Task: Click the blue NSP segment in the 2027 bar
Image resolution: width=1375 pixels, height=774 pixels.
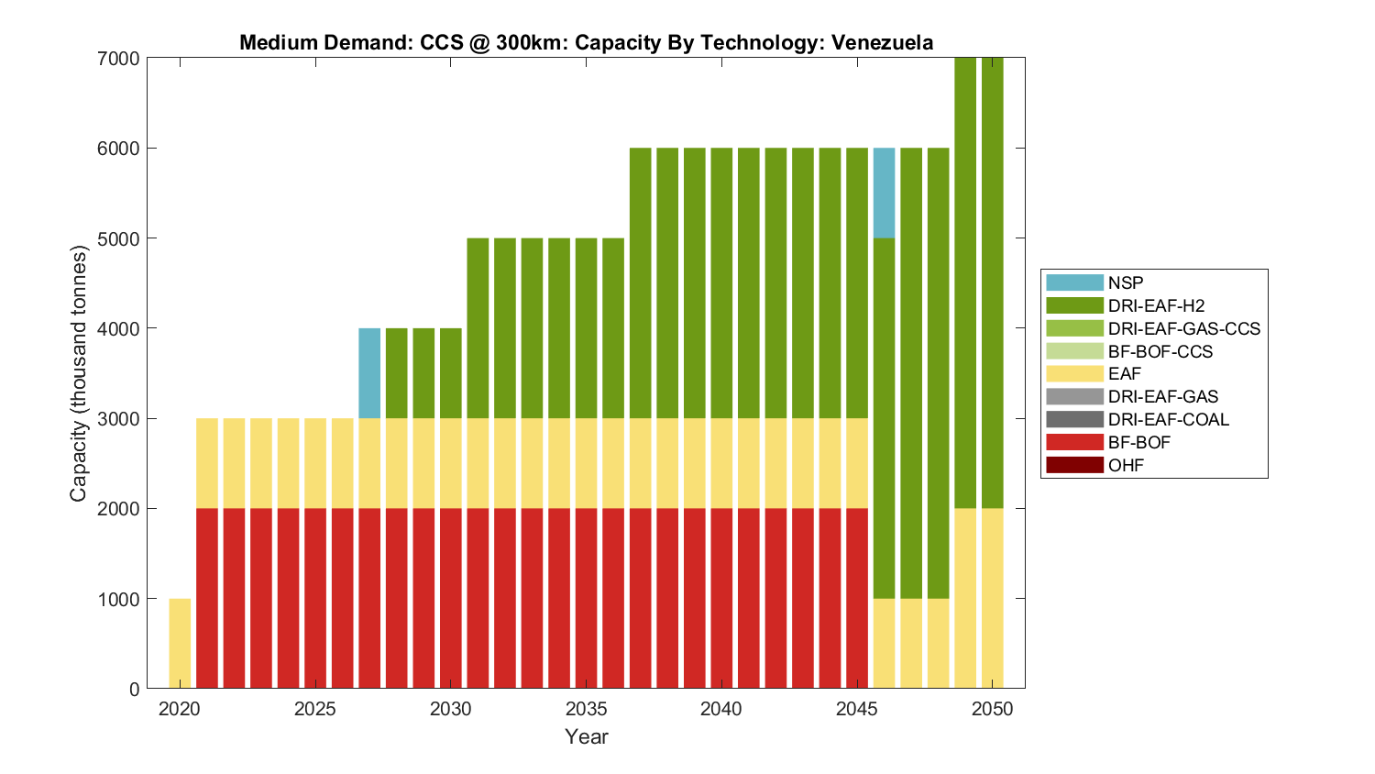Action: (369, 372)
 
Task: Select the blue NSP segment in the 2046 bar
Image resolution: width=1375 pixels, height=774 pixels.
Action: (884, 193)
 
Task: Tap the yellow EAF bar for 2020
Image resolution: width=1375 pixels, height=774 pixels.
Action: (180, 643)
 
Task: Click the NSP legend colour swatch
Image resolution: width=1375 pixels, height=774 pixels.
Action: (1074, 282)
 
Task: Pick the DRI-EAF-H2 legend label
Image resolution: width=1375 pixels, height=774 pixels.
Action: (1156, 305)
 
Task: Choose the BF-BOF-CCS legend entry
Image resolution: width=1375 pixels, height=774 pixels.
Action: (1160, 351)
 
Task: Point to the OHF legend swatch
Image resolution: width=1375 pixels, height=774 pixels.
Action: (1074, 465)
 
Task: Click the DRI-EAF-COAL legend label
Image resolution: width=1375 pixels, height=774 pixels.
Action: (1168, 419)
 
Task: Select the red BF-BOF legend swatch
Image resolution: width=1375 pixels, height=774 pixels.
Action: (1074, 442)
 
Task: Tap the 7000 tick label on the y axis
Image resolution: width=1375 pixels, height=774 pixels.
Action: (118, 59)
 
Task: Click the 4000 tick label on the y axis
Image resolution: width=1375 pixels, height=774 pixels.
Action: (118, 328)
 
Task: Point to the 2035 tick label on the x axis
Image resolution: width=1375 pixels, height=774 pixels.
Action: (586, 709)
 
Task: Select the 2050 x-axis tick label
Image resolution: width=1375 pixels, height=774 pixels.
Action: (993, 709)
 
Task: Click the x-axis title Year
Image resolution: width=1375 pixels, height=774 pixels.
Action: (587, 736)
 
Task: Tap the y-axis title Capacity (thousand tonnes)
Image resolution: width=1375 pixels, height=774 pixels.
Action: (78, 373)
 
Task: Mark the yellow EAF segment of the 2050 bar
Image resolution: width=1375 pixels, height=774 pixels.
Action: (993, 598)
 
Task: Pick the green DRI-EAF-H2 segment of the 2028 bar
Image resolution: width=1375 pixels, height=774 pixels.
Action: (397, 372)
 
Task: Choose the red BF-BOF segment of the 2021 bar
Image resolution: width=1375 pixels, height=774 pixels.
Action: (207, 598)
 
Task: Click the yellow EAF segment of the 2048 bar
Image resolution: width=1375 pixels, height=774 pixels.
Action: (938, 643)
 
